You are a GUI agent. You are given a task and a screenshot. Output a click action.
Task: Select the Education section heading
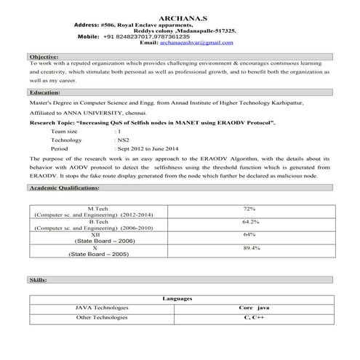[x=44, y=93]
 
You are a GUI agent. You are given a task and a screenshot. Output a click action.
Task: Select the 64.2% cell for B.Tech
[x=251, y=221]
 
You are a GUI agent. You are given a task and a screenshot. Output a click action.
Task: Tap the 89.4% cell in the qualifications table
[x=251, y=248]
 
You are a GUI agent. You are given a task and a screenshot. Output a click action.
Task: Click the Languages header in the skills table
[x=178, y=299]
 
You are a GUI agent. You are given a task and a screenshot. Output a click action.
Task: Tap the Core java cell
[x=254, y=308]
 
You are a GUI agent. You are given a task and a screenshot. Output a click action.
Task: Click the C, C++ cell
[x=254, y=318]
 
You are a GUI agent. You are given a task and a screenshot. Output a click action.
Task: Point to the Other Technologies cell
[x=102, y=318]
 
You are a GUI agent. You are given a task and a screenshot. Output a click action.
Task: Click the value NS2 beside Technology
[x=124, y=139]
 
